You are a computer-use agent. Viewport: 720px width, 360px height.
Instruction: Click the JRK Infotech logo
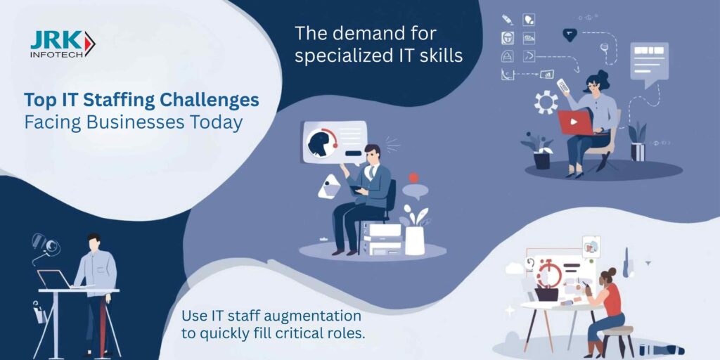[x=63, y=44]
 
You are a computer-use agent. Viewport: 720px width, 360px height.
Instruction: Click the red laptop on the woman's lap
[x=577, y=122]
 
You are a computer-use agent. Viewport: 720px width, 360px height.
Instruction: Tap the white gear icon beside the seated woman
[x=546, y=102]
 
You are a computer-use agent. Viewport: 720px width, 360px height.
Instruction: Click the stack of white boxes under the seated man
[x=382, y=238]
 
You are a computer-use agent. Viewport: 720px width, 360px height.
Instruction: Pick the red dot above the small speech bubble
[x=413, y=178]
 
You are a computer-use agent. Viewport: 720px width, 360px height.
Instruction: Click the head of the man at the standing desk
[x=94, y=243]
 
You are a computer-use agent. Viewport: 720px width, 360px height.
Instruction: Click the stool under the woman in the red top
[x=617, y=340]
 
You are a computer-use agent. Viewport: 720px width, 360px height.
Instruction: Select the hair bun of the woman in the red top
[x=612, y=272]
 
